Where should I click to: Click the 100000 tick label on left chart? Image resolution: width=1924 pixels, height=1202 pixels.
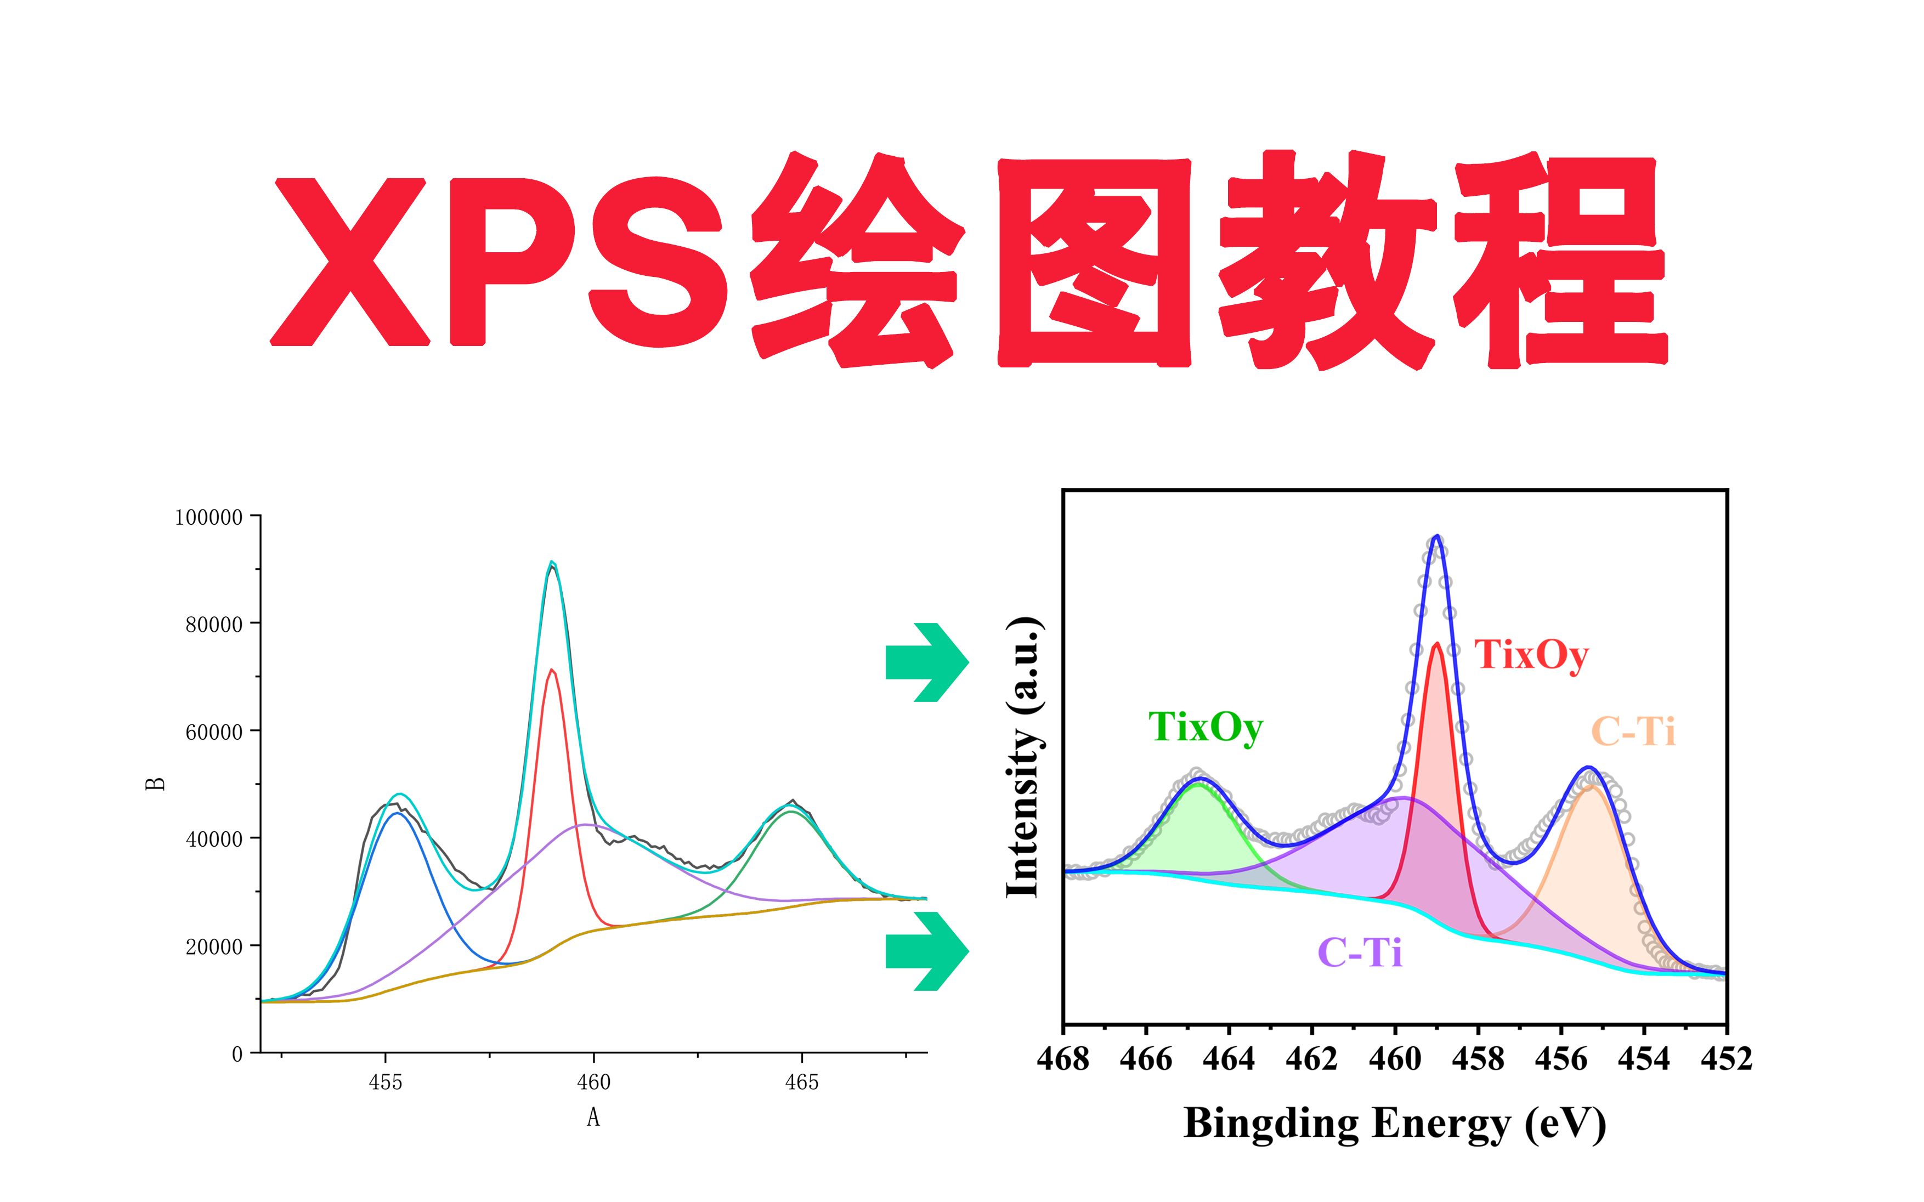(x=208, y=518)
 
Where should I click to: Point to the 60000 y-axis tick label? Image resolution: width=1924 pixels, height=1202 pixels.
(x=214, y=732)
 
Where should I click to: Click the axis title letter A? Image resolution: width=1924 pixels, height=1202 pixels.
(x=593, y=1118)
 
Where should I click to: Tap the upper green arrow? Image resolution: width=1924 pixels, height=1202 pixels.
(x=927, y=662)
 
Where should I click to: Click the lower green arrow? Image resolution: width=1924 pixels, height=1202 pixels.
(x=927, y=951)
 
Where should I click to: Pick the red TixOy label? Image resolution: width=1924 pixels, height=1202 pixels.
(x=1531, y=656)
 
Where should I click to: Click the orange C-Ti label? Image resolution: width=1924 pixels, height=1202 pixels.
(x=1633, y=732)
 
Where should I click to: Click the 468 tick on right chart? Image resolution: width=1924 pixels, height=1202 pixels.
(x=1063, y=1059)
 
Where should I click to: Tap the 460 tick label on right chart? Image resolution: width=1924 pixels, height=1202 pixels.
(x=1395, y=1059)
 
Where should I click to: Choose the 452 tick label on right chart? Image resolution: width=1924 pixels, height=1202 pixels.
(x=1726, y=1059)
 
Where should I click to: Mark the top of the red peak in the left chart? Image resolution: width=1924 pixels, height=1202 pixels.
(x=552, y=670)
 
